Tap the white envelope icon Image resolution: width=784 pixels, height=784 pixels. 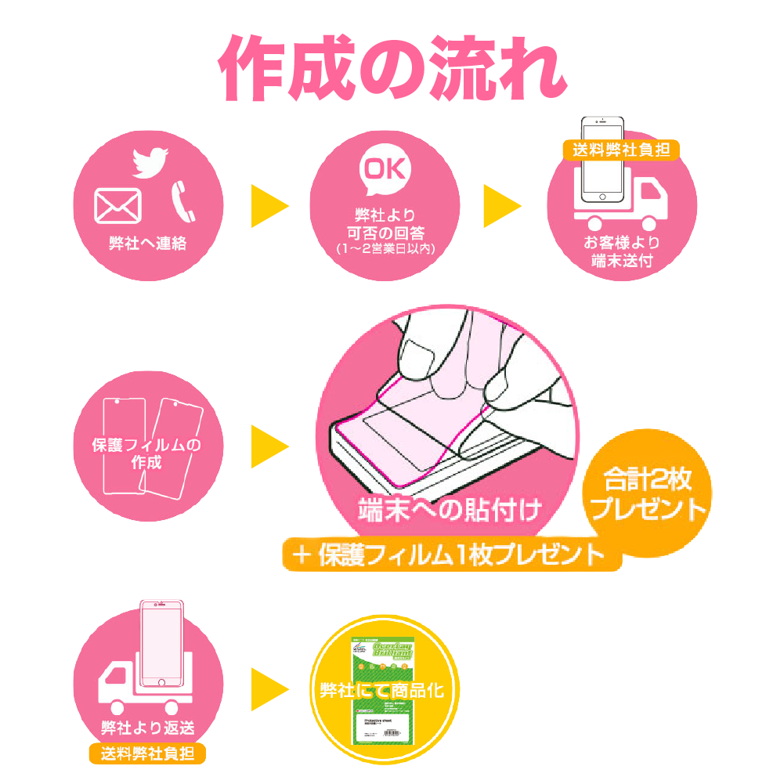(117, 206)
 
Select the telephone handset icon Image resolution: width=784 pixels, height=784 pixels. (182, 201)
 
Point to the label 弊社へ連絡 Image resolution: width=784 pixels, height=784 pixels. (148, 243)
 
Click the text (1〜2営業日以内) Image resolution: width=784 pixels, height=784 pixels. (385, 249)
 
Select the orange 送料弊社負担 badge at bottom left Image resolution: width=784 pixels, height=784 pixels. (148, 754)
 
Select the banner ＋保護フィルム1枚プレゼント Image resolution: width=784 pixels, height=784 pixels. (450, 555)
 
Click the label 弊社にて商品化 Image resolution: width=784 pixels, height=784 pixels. (382, 690)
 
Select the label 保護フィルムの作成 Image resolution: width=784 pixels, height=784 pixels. (147, 454)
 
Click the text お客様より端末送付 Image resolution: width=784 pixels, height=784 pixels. (622, 251)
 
